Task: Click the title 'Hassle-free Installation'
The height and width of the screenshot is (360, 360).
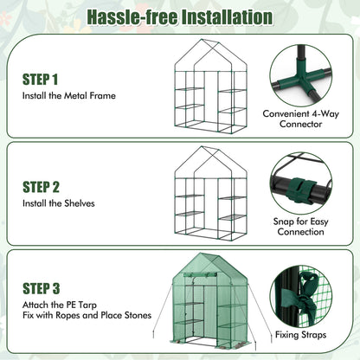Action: coord(180,16)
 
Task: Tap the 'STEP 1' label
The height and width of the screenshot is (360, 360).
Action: coord(42,79)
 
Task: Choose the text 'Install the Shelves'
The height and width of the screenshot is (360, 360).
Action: coord(60,203)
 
